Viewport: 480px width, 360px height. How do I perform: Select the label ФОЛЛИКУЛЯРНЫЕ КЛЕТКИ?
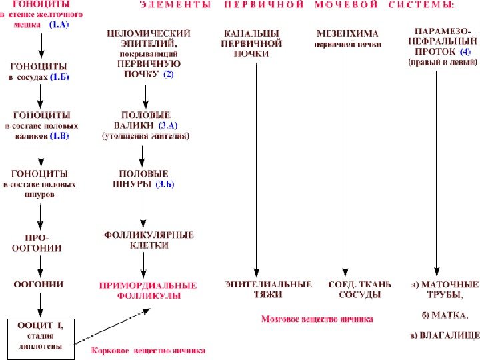tap(149, 240)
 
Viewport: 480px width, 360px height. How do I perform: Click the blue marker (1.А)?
tap(59, 24)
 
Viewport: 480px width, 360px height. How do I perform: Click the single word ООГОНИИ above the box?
tap(40, 284)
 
